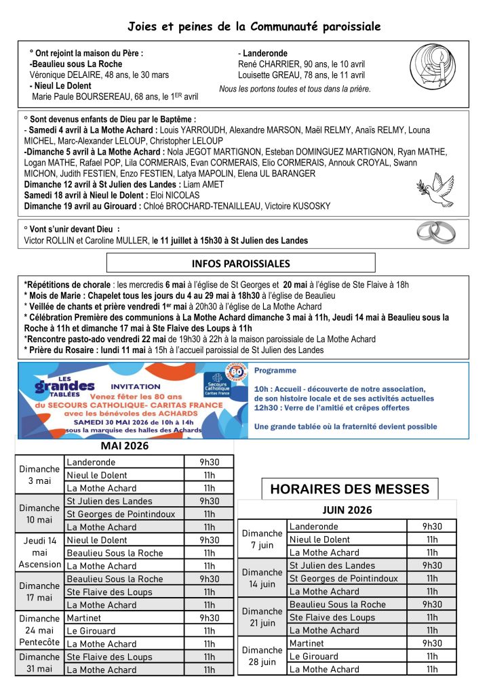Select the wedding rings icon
(435, 232)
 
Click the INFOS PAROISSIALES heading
(241, 263)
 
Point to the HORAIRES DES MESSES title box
(350, 489)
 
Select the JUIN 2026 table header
(347, 510)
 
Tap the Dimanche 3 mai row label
(39, 474)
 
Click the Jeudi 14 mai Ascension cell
(39, 552)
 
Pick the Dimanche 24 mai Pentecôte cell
(39, 630)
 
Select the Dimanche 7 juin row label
(262, 539)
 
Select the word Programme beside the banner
(275, 371)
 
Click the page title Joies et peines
(254, 26)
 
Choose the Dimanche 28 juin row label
(262, 655)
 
